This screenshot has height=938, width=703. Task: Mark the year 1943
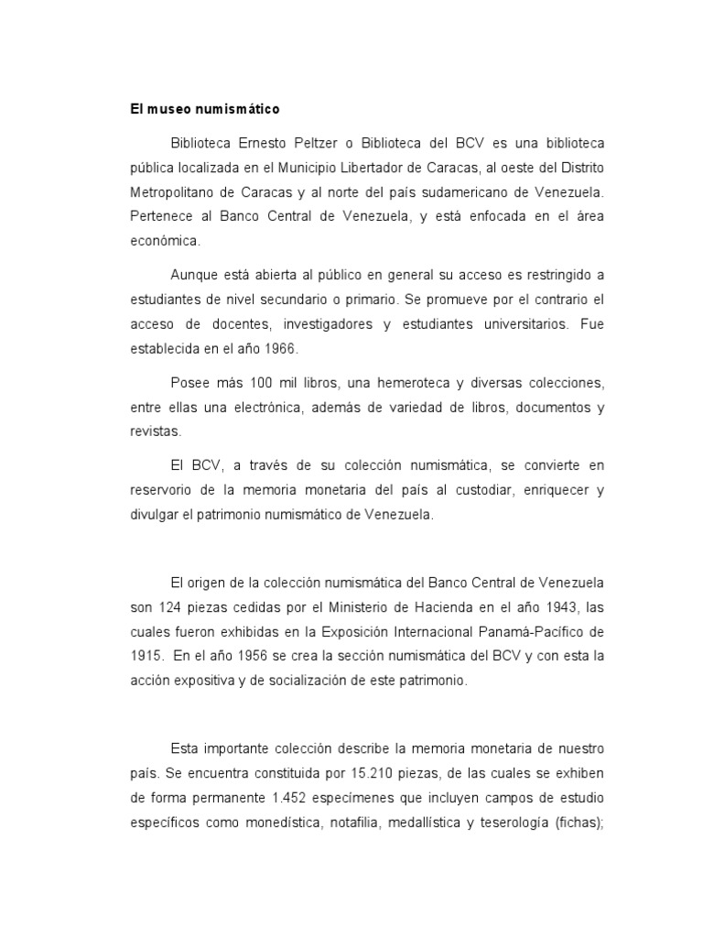[x=555, y=607]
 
